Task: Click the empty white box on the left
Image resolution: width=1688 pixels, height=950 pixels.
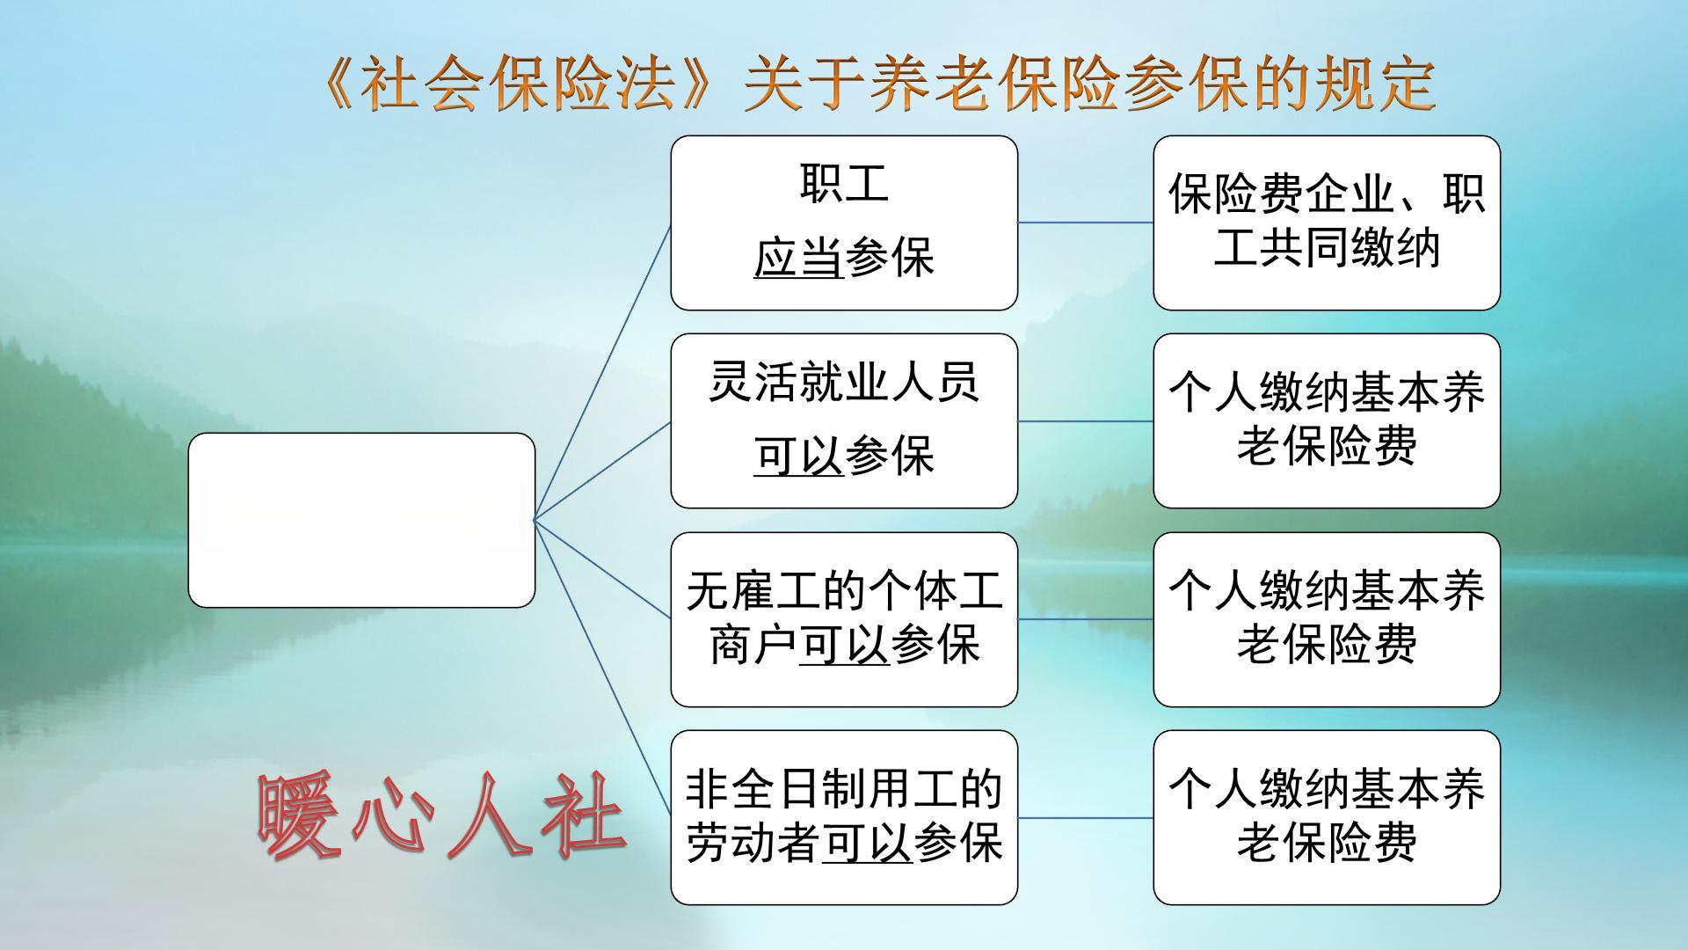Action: [361, 520]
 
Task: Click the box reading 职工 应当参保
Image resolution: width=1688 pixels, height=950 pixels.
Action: [844, 223]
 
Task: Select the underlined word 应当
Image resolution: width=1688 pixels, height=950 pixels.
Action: [798, 258]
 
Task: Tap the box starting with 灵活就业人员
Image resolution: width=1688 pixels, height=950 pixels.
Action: [844, 420]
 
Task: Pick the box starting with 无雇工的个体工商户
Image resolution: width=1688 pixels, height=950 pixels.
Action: [844, 619]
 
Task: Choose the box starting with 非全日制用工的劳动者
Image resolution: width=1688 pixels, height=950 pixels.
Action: [844, 817]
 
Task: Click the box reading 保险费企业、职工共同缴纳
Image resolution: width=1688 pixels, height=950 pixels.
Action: [1327, 223]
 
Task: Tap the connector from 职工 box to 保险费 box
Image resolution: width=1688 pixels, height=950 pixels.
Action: [1086, 223]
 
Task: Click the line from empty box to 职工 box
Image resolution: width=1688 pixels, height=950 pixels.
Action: [602, 371]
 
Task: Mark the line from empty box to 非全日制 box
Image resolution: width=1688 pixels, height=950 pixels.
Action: [602, 669]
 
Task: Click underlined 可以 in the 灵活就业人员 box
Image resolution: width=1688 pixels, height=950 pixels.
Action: [798, 456]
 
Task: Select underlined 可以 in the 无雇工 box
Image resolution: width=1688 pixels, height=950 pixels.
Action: [844, 646]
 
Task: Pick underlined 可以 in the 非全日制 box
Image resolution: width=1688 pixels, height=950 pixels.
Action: [867, 844]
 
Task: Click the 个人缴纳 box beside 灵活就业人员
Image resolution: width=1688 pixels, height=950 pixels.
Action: [1327, 420]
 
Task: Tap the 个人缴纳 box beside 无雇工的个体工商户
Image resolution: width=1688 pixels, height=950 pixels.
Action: [1327, 619]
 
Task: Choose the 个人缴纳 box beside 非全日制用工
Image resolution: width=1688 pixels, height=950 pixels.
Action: [1327, 817]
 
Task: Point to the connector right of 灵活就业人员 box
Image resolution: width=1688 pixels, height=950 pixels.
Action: [1086, 420]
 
